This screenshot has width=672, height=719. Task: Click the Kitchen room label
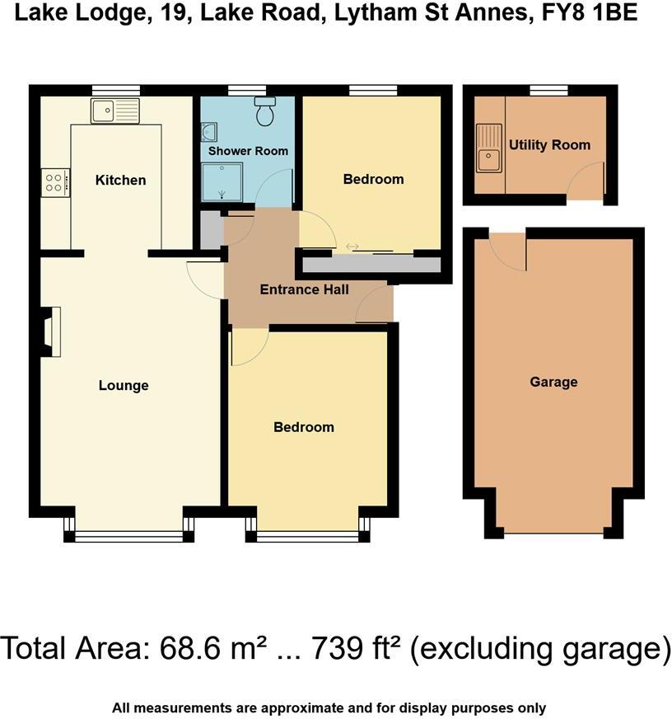120,180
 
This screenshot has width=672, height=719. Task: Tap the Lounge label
124,385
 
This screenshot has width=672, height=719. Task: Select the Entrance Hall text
304,289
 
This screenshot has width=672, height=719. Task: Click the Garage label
553,382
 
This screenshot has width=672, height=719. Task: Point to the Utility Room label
549,145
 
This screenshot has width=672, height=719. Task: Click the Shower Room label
248,151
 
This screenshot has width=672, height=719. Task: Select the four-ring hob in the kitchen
55,181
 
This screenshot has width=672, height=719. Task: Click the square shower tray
223,181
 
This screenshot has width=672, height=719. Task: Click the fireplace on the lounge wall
52,331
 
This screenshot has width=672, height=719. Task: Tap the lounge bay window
129,536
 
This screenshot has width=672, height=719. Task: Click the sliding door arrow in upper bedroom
352,246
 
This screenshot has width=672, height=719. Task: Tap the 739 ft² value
357,649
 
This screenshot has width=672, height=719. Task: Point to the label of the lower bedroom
304,427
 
